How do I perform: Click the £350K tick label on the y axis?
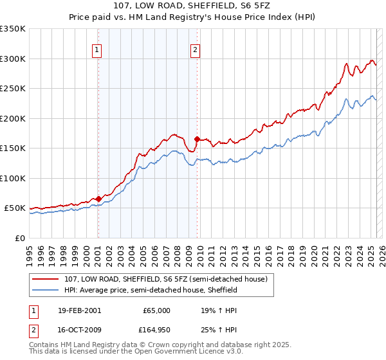tap(13, 29)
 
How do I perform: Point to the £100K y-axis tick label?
tap(13, 178)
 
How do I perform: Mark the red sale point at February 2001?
tap(98, 199)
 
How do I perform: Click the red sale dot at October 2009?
tap(197, 139)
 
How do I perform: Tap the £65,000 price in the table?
tap(156, 310)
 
